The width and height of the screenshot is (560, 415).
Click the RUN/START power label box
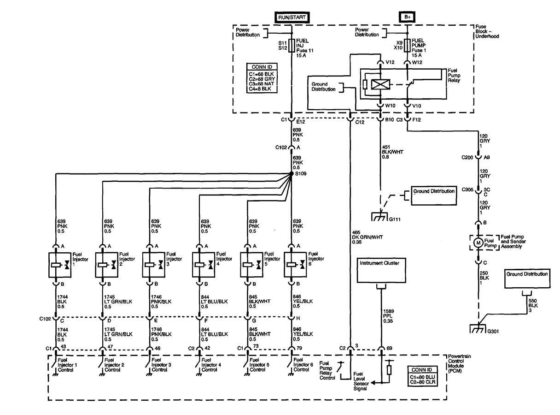pyautogui.click(x=292, y=17)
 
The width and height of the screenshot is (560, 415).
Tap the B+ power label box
pyautogui.click(x=407, y=17)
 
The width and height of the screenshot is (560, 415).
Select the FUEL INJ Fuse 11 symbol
pyautogui.click(x=292, y=46)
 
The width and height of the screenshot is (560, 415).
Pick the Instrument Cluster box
pyautogui.click(x=381, y=271)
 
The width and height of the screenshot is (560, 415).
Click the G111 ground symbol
pyautogui.click(x=380, y=216)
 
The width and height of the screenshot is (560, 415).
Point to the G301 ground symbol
pyautogui.click(x=477, y=329)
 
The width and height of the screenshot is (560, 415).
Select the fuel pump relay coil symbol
pyautogui.click(x=380, y=84)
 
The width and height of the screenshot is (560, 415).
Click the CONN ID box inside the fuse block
pyautogui.click(x=261, y=77)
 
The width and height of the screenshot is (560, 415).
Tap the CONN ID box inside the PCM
pyautogui.click(x=422, y=376)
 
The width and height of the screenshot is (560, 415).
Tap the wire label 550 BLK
pyautogui.click(x=533, y=306)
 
